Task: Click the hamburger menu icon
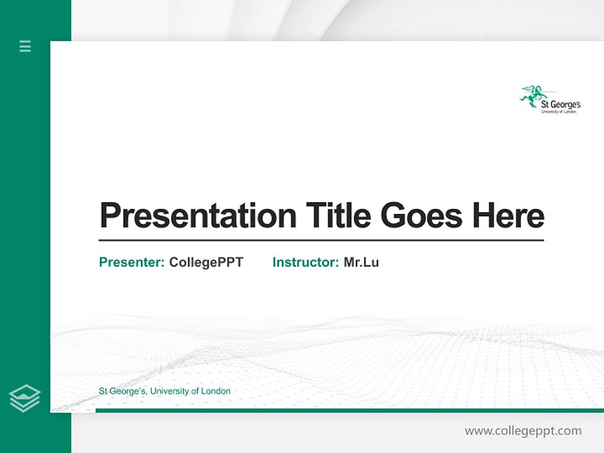[25, 46]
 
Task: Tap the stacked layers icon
[25, 398]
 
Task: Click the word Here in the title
[508, 215]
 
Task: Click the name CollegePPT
[206, 262]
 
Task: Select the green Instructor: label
[306, 262]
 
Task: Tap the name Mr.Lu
[361, 262]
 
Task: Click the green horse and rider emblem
[531, 96]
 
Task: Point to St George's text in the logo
[561, 104]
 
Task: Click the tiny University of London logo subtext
[559, 112]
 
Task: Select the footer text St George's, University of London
[165, 391]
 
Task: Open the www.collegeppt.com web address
[523, 431]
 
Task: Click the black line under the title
[321, 240]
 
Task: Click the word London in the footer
[215, 391]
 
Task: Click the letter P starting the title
[109, 216]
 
